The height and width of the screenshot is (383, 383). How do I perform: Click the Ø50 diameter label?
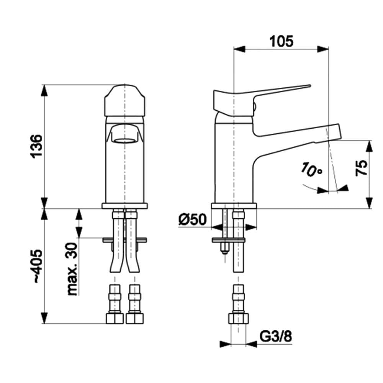[192, 219]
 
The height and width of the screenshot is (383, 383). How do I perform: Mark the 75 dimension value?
[362, 167]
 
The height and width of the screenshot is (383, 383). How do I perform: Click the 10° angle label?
[311, 169]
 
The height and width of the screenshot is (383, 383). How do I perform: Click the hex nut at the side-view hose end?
[238, 318]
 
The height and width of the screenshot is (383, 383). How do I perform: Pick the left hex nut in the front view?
[115, 318]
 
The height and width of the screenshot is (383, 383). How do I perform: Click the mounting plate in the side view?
[228, 240]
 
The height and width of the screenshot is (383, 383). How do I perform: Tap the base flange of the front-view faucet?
[125, 206]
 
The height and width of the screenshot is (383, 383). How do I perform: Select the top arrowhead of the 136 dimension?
[44, 90]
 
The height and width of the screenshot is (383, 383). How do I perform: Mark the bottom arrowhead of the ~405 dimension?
[44, 318]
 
